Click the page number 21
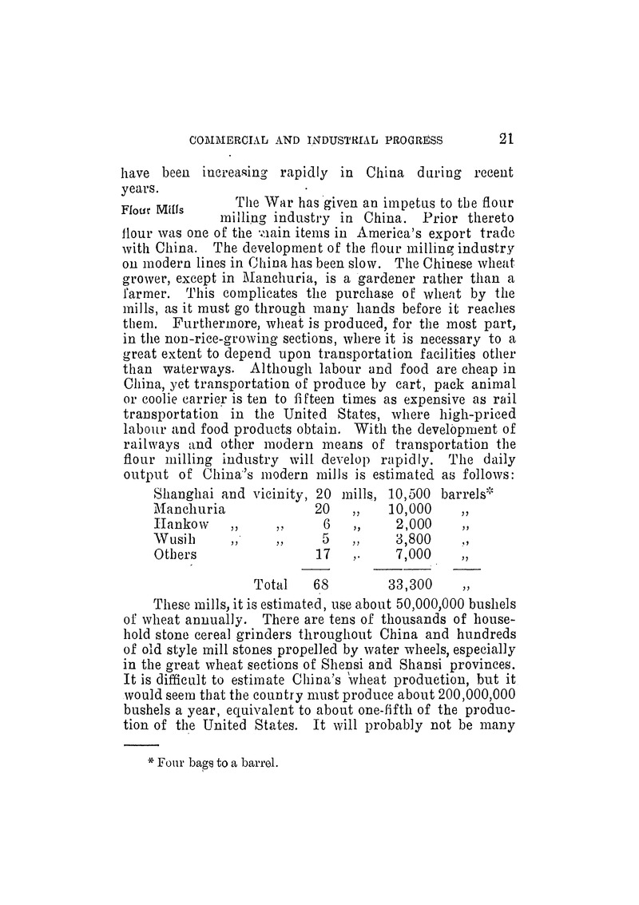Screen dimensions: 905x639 [506, 138]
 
